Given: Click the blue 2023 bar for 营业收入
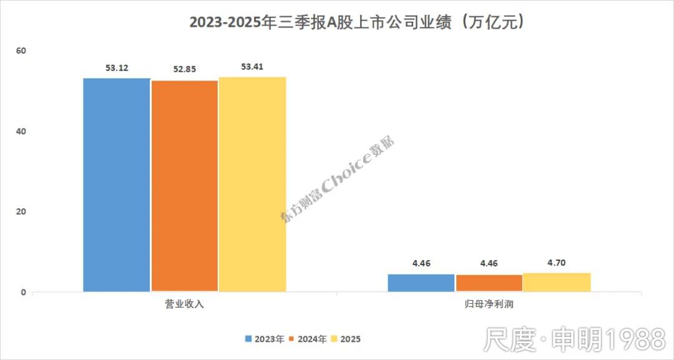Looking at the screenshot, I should click(x=117, y=185).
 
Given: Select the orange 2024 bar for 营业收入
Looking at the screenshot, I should click(x=185, y=186).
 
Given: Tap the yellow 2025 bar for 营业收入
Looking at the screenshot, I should click(x=252, y=184).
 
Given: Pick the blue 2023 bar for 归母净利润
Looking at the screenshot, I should click(x=421, y=283).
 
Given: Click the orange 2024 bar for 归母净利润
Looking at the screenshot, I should click(x=489, y=283).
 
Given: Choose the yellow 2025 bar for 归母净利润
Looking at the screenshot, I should click(x=557, y=282).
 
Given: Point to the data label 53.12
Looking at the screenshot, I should click(x=117, y=67).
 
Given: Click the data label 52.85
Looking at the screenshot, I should click(x=185, y=69).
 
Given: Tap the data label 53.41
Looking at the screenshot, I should click(x=252, y=66).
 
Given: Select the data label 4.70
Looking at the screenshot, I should click(x=557, y=263).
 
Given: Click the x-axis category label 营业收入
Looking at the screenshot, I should click(x=184, y=305).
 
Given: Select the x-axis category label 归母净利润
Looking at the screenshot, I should click(x=489, y=305).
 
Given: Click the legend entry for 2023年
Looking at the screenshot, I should click(x=265, y=339).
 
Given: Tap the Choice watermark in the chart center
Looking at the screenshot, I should click(x=338, y=180).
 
